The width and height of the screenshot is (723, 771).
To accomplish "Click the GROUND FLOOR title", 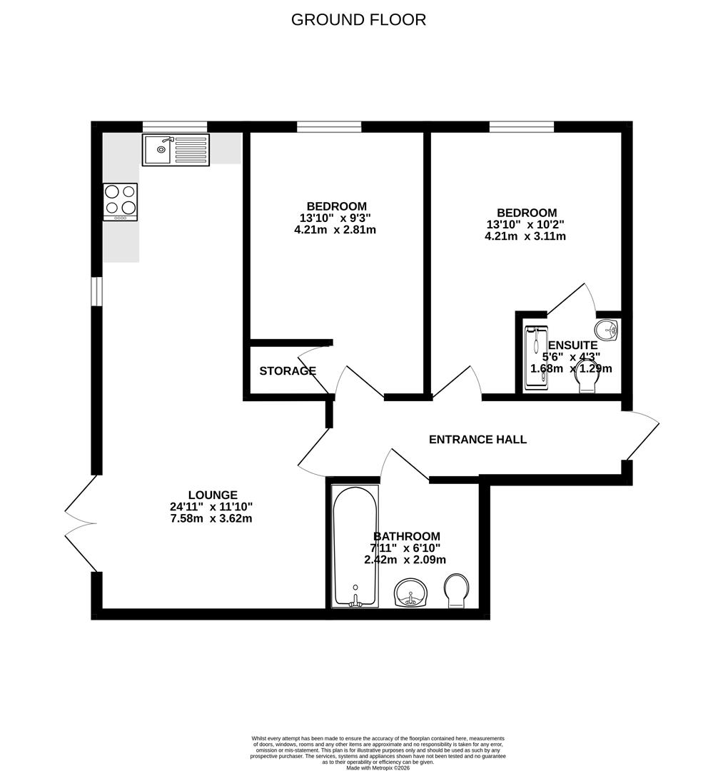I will pos(358,20).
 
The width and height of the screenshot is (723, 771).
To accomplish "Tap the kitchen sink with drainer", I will pos(176,150).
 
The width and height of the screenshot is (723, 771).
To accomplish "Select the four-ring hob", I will pos(120,201).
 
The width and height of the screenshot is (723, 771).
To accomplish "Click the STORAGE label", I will pos(287,371).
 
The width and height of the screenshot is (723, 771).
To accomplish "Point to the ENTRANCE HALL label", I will pos(477,440).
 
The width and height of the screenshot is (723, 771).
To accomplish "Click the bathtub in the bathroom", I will pos(355,546).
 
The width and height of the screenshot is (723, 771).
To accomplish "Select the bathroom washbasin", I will pos(410,593).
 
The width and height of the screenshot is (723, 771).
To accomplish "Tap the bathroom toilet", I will pos(455,591).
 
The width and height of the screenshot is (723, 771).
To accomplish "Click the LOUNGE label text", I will pos(213,495).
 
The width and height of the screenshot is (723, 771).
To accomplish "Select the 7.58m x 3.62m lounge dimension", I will pos(213,518).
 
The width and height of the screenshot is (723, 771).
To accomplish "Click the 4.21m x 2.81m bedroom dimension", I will pos(335,230).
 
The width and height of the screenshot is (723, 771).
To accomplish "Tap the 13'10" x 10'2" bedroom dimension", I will pos(526,224).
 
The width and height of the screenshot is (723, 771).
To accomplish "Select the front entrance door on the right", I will pos(642,435).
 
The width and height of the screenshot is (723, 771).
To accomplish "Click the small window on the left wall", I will pos(96,291).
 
